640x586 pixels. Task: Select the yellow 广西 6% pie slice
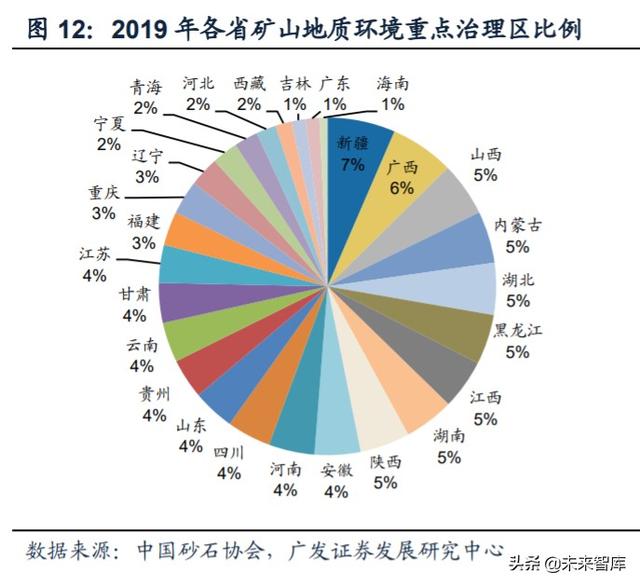pos(401,180)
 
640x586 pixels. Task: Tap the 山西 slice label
pos(486,154)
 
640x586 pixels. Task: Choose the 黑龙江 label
pos(517,331)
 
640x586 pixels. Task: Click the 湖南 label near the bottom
pos(449,436)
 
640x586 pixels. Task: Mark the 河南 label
pos(285,469)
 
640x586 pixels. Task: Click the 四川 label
pos(229,451)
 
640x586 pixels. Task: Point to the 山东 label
pos(190,425)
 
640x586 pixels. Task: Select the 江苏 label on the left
pos(95,254)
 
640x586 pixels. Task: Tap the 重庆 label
pos(103,193)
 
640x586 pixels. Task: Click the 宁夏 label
pos(108,124)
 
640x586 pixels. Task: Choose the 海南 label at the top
pos(391,84)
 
